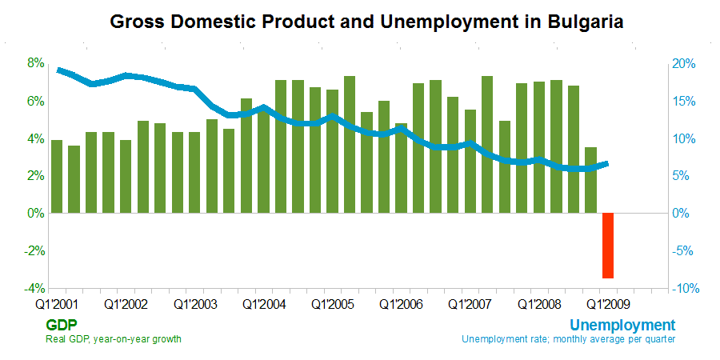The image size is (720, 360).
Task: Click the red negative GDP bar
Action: pyautogui.click(x=608, y=246)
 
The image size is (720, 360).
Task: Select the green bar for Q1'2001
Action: pyautogui.click(x=57, y=176)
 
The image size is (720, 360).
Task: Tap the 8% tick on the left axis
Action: pyautogui.click(x=35, y=63)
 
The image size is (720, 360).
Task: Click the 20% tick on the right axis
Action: pyautogui.click(x=684, y=64)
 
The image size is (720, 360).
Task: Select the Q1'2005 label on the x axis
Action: pyautogui.click(x=332, y=305)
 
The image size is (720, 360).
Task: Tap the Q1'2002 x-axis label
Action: pyautogui.click(x=126, y=305)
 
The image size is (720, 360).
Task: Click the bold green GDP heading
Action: pyautogui.click(x=61, y=325)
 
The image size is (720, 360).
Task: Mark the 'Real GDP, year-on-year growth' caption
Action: pyautogui.click(x=114, y=339)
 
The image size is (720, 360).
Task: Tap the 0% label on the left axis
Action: pyautogui.click(x=35, y=214)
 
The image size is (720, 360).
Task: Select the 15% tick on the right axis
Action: pyautogui.click(x=684, y=102)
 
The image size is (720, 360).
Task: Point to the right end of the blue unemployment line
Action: pyautogui.click(x=607, y=163)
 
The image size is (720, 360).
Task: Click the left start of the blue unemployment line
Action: pyautogui.click(x=58, y=70)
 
